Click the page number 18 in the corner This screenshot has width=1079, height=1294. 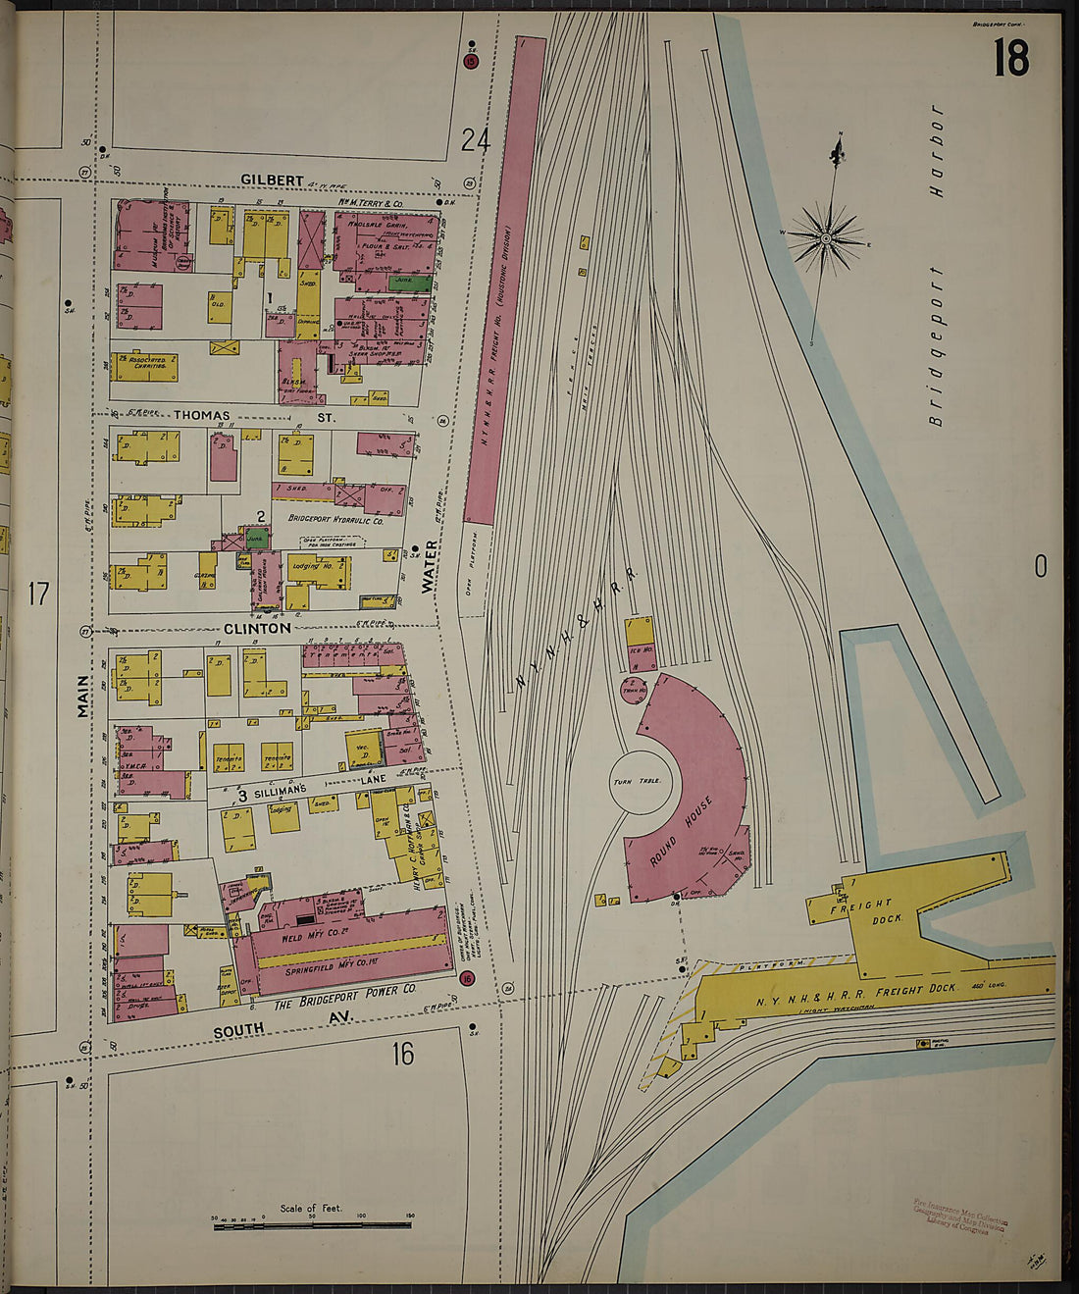coord(1010,58)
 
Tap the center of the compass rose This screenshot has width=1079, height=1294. coord(826,238)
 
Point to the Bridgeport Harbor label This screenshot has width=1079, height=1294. coord(936,266)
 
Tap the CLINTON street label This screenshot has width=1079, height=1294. coord(257,628)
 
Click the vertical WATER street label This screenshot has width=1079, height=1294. coord(429,567)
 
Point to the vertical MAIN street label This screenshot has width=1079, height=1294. coord(83,696)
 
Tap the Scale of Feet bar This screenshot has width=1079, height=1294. coord(312,1224)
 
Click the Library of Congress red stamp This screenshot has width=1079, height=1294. coord(959,1215)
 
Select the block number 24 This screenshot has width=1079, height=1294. coord(475,141)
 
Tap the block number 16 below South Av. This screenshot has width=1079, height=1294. coord(402,1054)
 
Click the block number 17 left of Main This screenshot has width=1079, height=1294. coord(38,595)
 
